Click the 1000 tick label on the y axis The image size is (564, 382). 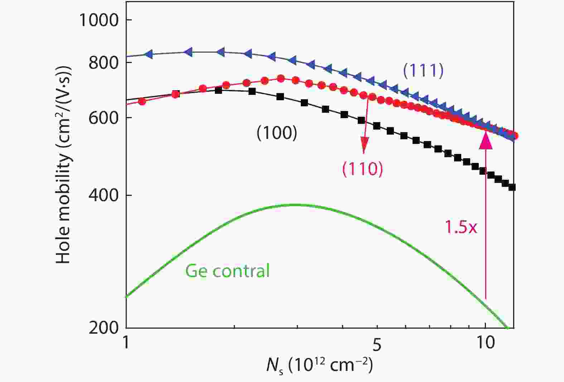(98, 20)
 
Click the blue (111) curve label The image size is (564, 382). (423, 70)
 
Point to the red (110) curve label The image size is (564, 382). (362, 168)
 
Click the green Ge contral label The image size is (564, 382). (227, 271)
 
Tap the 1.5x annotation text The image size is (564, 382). (461, 227)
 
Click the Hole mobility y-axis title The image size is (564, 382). (63, 165)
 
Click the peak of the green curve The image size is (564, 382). (295, 205)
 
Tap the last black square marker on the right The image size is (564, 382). (512, 187)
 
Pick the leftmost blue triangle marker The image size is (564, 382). (149, 54)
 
